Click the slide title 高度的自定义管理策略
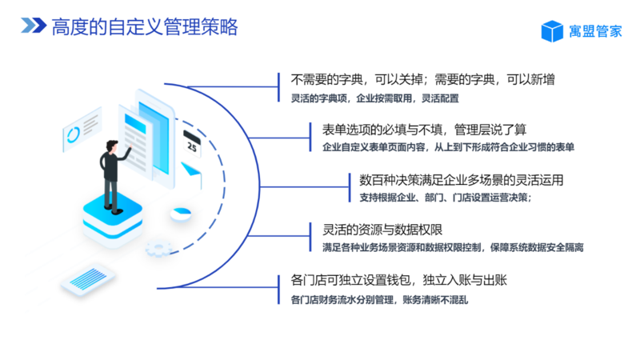pyautogui.click(x=145, y=27)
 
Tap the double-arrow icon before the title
pyautogui.click(x=34, y=26)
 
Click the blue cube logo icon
pyautogui.click(x=552, y=31)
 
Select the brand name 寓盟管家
pyautogui.click(x=595, y=31)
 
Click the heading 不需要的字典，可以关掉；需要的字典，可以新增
pyautogui.click(x=422, y=79)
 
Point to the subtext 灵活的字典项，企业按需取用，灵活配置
pyautogui.click(x=374, y=98)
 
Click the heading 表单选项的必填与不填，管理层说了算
pyautogui.click(x=424, y=130)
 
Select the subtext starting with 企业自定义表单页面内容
pyautogui.click(x=448, y=147)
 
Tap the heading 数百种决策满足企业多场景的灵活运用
pyautogui.click(x=462, y=180)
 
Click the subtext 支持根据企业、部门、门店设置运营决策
pyautogui.click(x=446, y=198)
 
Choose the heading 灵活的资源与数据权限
pyautogui.click(x=382, y=230)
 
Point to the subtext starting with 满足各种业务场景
pyautogui.click(x=453, y=248)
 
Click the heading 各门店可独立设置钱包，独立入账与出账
pyautogui.click(x=398, y=280)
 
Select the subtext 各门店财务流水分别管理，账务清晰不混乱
pyautogui.click(x=379, y=300)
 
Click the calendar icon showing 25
pyautogui.click(x=192, y=143)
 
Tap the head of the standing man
pyautogui.click(x=111, y=146)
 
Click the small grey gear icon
pyautogui.click(x=158, y=249)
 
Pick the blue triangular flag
pyautogui.click(x=190, y=170)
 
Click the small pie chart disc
pyautogui.click(x=181, y=214)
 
